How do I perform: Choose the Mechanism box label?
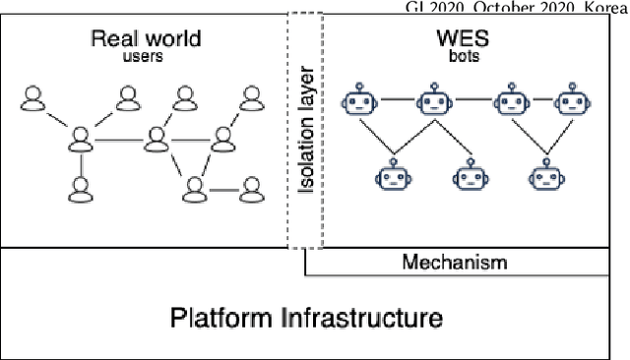[x=454, y=262]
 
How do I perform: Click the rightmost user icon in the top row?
[x=249, y=98]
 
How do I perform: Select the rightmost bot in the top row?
[x=571, y=100]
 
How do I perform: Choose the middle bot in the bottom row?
[x=469, y=177]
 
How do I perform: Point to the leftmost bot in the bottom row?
[x=393, y=177]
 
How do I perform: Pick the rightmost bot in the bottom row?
[x=544, y=177]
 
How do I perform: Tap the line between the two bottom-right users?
[x=223, y=187]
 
